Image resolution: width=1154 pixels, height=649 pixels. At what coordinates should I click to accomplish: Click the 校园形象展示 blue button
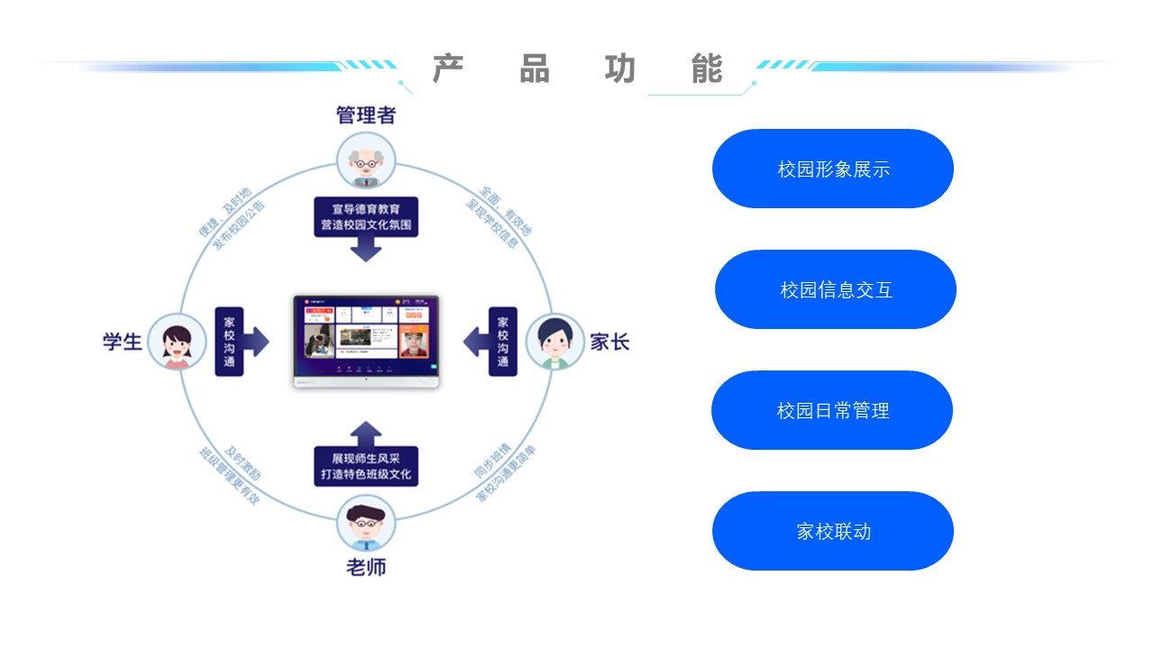pyautogui.click(x=833, y=169)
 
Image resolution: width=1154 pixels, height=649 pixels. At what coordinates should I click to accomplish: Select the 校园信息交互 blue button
pyautogui.click(x=836, y=289)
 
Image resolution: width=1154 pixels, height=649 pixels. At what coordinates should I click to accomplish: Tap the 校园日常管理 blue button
pyautogui.click(x=832, y=410)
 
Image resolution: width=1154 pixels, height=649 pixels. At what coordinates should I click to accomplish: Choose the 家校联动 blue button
pyautogui.click(x=833, y=531)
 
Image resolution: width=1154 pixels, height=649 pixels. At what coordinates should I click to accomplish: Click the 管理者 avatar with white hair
pyautogui.click(x=365, y=160)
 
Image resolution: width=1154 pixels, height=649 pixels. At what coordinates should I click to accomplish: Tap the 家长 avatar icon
pyautogui.click(x=554, y=342)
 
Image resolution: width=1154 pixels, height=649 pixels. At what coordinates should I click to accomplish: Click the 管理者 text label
pyautogui.click(x=365, y=115)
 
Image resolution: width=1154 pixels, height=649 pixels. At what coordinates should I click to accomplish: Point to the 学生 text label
pyautogui.click(x=122, y=343)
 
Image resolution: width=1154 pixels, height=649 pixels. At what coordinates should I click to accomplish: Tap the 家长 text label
pyautogui.click(x=609, y=343)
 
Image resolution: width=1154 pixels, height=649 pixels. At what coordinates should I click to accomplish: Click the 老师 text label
pyautogui.click(x=366, y=568)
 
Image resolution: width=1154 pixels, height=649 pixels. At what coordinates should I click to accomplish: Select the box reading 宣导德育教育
pyautogui.click(x=366, y=217)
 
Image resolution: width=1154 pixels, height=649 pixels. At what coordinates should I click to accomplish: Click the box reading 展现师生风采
pyautogui.click(x=366, y=466)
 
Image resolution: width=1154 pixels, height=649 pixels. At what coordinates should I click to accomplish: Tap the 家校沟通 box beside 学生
pyautogui.click(x=229, y=342)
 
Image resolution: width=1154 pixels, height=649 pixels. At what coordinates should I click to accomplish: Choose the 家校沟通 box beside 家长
pyautogui.click(x=502, y=342)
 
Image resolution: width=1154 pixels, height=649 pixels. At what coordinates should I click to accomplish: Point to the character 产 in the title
pyautogui.click(x=448, y=69)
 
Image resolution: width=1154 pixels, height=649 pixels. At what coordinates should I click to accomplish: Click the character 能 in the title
pyautogui.click(x=708, y=69)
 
